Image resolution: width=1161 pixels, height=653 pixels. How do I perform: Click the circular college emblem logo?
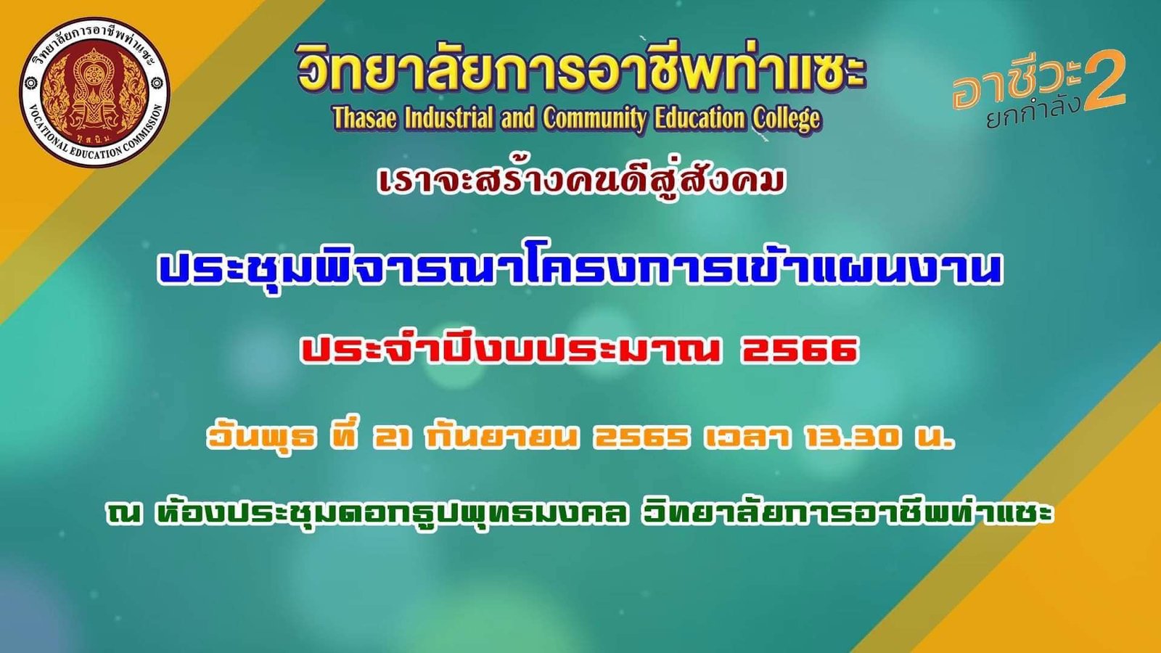[95, 92]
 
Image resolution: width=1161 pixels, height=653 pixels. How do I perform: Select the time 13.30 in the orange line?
[850, 438]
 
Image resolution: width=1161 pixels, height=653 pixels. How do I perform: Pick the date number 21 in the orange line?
[393, 438]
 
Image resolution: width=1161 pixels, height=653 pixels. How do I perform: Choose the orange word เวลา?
[747, 438]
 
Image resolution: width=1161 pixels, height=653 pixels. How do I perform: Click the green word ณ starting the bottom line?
[123, 513]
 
